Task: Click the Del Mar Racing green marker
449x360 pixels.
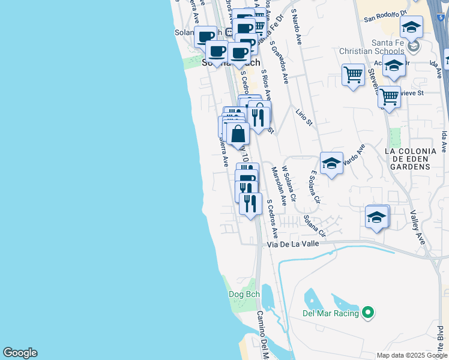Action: click(369, 313)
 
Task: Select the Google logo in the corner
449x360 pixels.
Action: click(20, 353)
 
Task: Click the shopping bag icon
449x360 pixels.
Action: click(238, 134)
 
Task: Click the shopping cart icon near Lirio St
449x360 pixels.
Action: click(353, 76)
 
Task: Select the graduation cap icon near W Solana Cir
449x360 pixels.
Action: click(331, 163)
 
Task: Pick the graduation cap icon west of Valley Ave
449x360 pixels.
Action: click(376, 217)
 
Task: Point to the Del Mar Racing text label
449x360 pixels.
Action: click(330, 313)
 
